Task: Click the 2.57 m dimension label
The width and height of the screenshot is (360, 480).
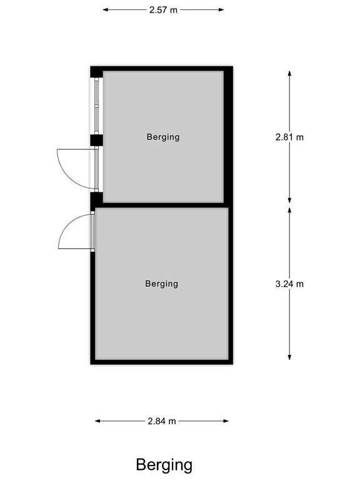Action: pos(162,10)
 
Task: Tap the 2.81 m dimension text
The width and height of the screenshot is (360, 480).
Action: pos(289,137)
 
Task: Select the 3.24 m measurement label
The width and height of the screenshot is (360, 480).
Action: pos(289,284)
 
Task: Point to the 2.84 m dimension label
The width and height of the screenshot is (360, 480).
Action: pos(162,421)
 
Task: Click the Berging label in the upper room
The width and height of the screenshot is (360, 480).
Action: pos(163,137)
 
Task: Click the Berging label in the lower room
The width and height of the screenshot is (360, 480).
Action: pos(161,284)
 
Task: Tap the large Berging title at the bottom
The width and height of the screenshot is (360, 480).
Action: pos(164,464)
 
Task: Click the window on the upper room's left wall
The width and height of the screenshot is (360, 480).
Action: pos(96,106)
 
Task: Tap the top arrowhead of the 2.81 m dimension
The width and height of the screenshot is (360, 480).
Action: pos(289,73)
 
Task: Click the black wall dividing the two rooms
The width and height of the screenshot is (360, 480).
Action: pos(162,204)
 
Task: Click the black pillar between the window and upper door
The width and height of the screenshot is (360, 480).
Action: pos(96,139)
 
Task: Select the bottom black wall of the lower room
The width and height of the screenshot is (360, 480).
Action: pos(161,361)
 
